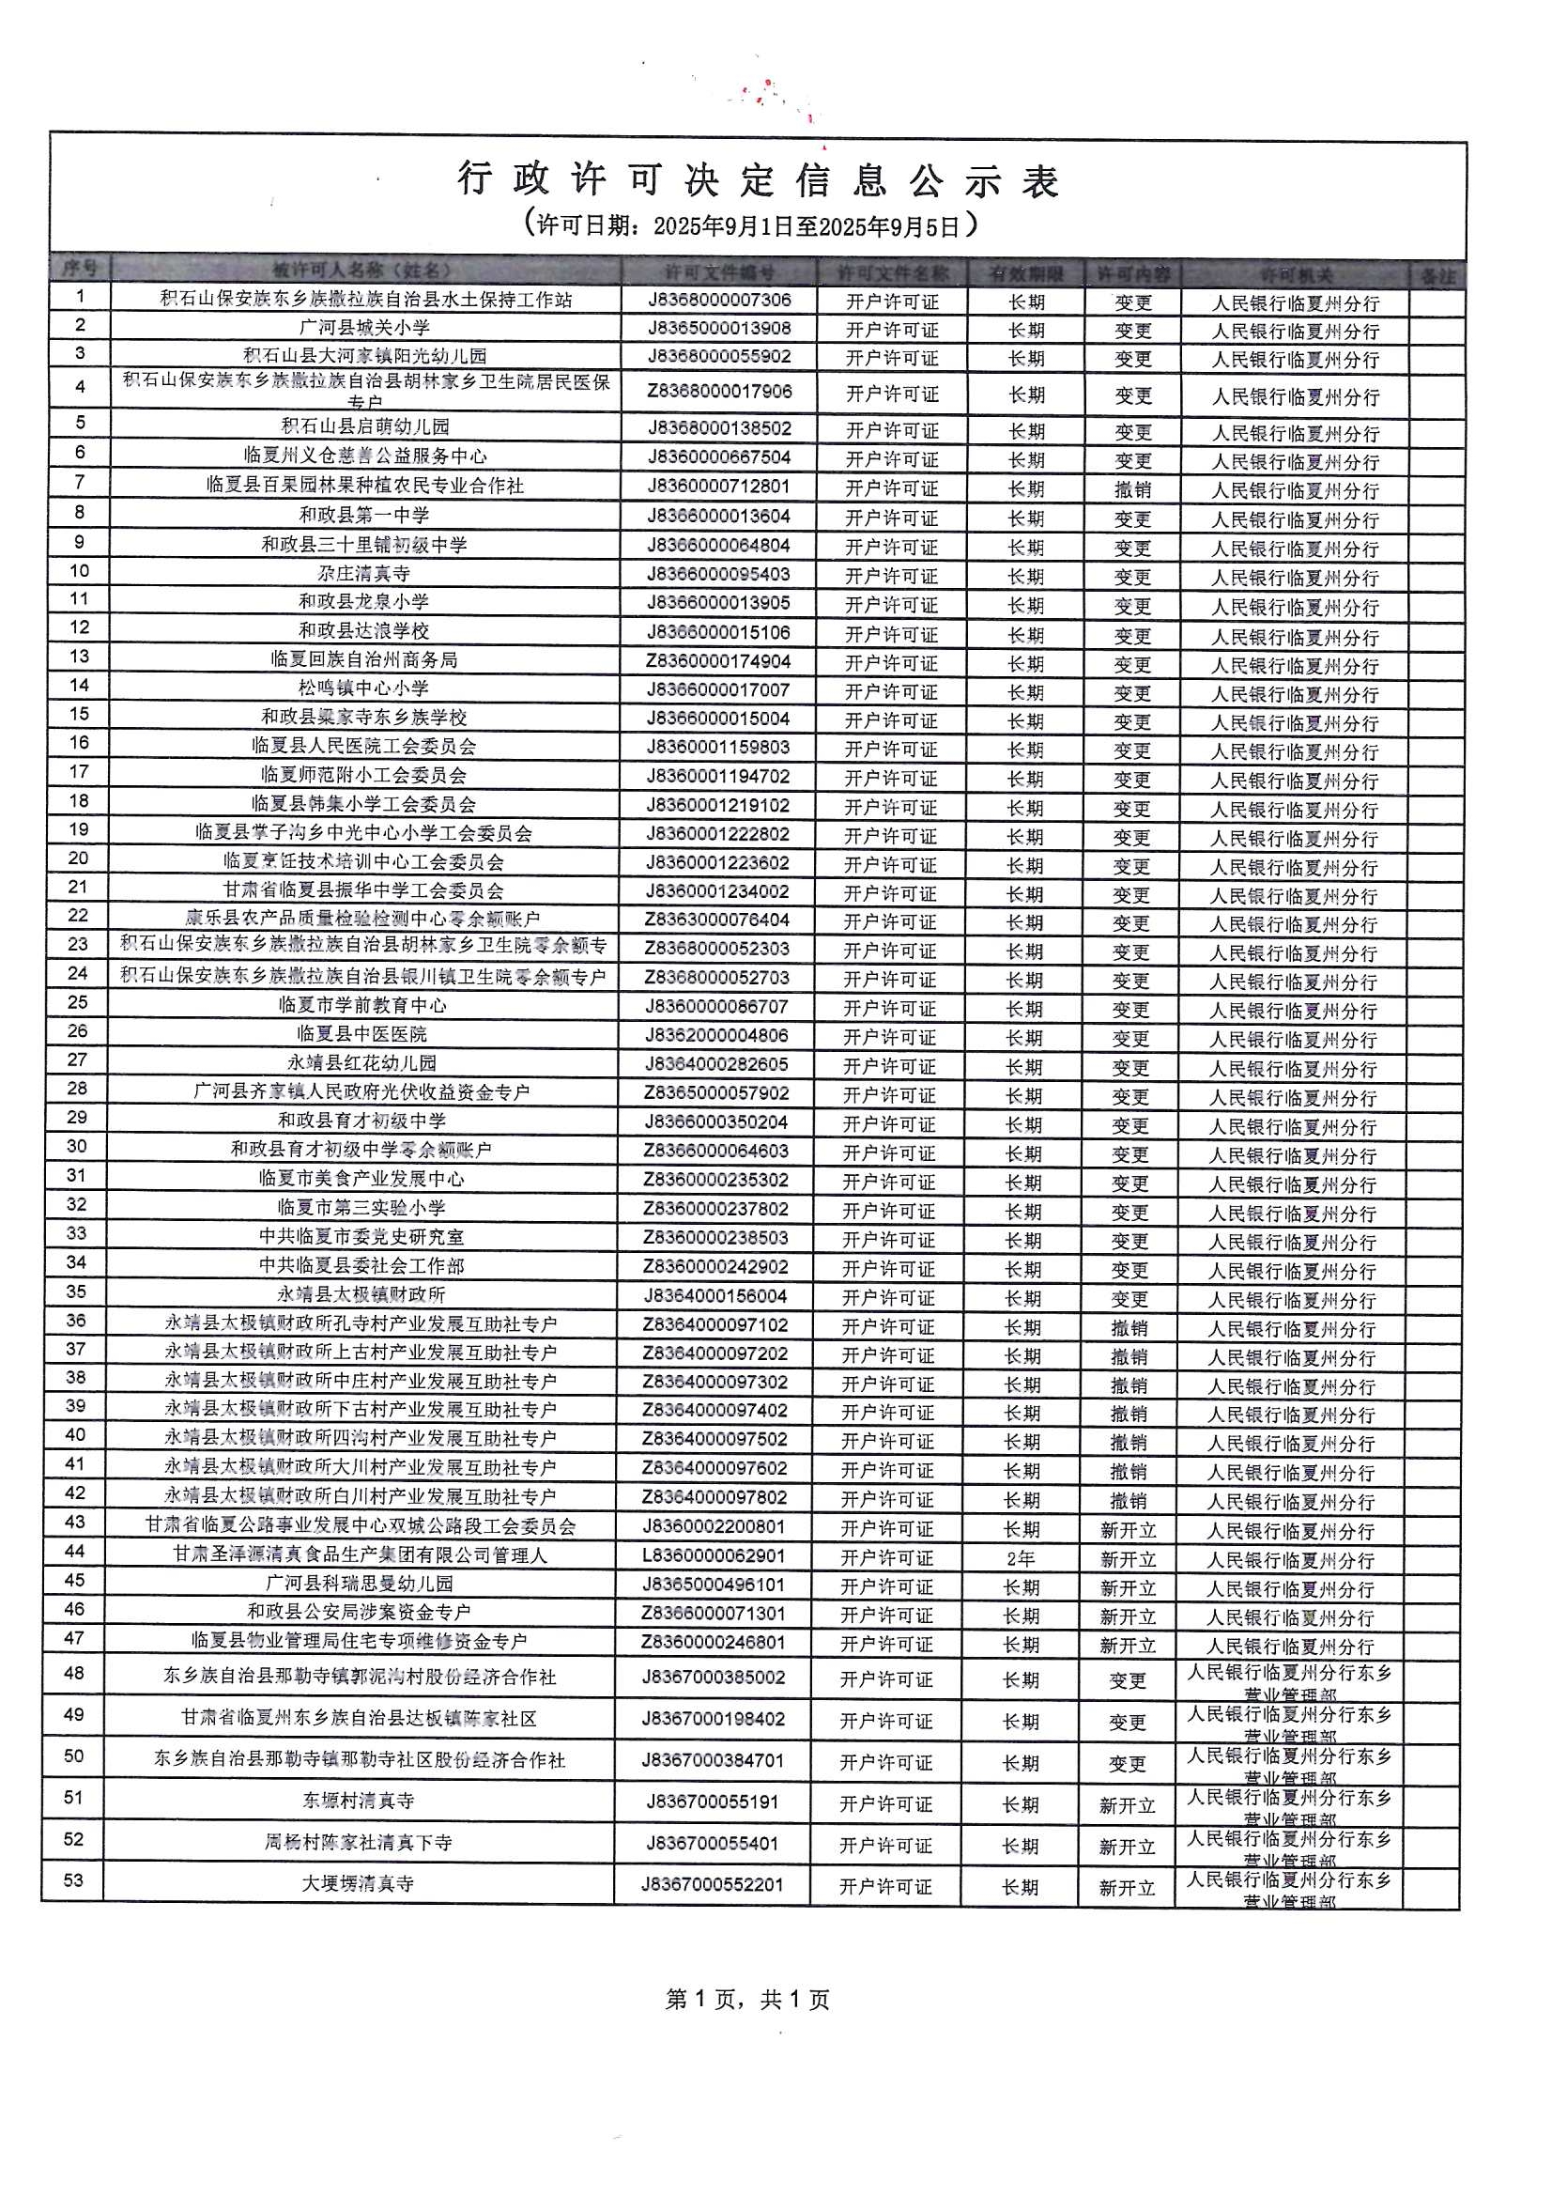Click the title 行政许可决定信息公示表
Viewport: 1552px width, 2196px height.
pyautogui.click(x=758, y=180)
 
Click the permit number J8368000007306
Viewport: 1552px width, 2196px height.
pyautogui.click(x=719, y=301)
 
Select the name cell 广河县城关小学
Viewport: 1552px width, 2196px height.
pyautogui.click(x=364, y=328)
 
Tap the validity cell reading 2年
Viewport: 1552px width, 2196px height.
pyautogui.click(x=1021, y=1559)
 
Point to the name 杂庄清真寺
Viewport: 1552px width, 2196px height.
pyautogui.click(x=364, y=574)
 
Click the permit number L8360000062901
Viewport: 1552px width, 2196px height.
pyautogui.click(x=714, y=1557)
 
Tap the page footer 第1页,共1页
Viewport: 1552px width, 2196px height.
pyautogui.click(x=746, y=1999)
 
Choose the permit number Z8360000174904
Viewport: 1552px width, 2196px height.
pyautogui.click(x=718, y=662)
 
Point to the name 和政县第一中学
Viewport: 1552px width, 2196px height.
pyautogui.click(x=364, y=516)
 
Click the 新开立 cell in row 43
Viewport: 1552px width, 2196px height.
pyautogui.click(x=1129, y=1530)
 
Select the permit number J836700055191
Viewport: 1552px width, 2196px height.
pyautogui.click(x=713, y=1802)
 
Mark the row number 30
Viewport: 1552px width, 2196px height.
pyautogui.click(x=76, y=1147)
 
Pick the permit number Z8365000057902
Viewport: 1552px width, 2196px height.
pyautogui.click(x=715, y=1093)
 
